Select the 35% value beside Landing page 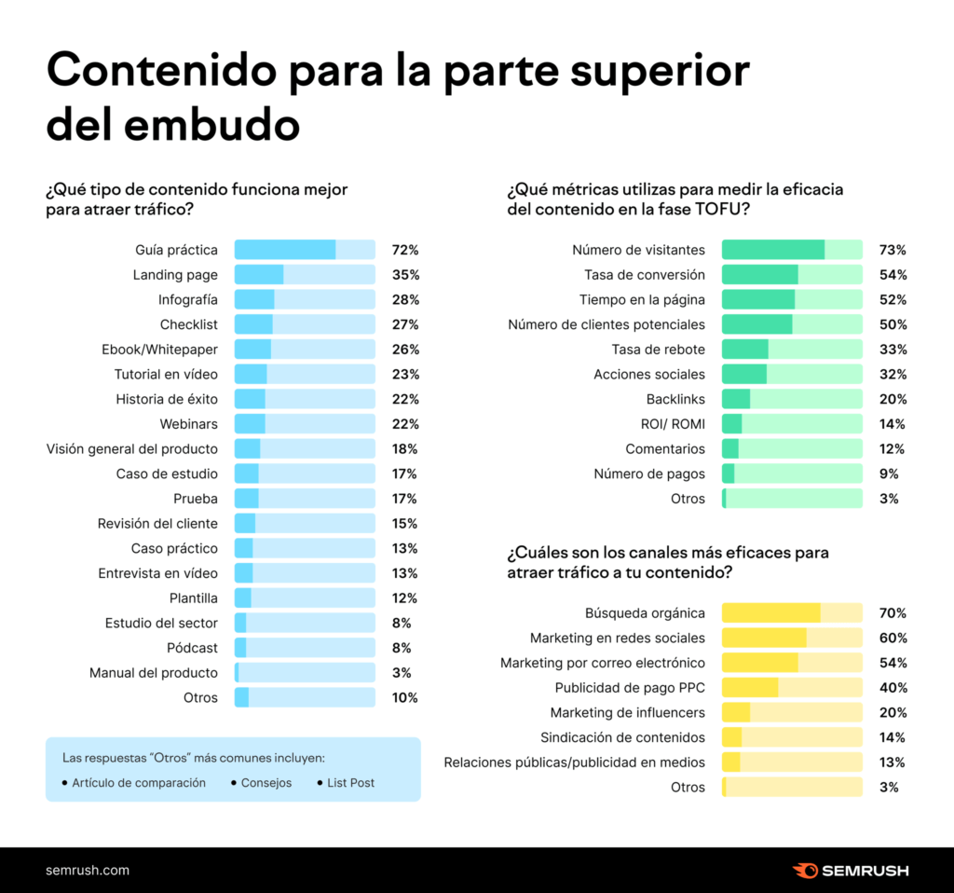[x=405, y=275]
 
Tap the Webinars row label [x=189, y=424]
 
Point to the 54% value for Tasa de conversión [x=893, y=275]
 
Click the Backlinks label [x=675, y=399]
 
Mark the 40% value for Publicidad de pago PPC [x=893, y=688]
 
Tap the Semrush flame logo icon [x=805, y=871]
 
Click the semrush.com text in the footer [x=88, y=871]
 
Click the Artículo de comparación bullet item [x=138, y=783]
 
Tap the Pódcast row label [x=193, y=648]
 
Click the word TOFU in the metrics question [x=719, y=209]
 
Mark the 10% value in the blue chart [x=405, y=697]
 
